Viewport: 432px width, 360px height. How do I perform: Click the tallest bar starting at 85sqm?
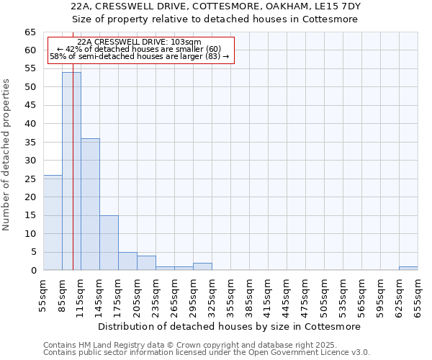pos(71,171)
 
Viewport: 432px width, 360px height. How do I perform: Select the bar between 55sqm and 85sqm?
pos(53,222)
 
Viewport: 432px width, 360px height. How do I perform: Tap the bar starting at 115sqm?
pos(90,204)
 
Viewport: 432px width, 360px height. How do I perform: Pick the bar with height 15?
pos(109,243)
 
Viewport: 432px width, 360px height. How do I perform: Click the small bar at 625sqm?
pos(408,269)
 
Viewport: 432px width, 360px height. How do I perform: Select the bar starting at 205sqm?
pos(146,263)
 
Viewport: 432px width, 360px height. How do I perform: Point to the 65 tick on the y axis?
pos(30,32)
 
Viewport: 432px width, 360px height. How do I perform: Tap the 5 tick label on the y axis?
pos(33,252)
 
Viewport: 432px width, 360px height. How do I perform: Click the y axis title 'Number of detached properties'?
pos(6,155)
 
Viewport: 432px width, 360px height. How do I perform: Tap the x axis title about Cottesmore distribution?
pos(230,326)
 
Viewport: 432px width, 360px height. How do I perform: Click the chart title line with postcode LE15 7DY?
pos(216,6)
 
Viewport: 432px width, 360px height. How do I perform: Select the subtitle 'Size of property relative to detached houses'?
pos(216,19)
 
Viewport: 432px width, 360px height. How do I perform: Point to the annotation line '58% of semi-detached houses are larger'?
pos(139,56)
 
